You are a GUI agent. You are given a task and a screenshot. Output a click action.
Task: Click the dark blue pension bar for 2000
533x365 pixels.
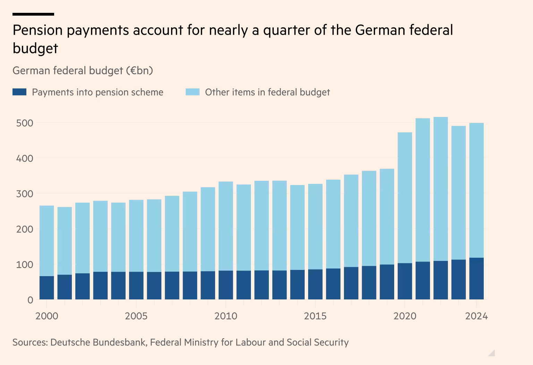point(47,288)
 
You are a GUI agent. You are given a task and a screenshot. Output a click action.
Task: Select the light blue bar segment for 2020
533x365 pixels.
point(405,198)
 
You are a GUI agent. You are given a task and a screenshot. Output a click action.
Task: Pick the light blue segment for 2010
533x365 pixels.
point(226,226)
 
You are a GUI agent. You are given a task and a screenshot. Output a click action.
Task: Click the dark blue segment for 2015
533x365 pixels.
point(315,284)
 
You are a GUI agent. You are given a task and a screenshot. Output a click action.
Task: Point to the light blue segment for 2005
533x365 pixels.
point(136,236)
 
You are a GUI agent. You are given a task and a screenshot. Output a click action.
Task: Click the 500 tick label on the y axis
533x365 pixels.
point(25,123)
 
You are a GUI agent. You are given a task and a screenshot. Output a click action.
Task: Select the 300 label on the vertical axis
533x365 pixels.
point(25,194)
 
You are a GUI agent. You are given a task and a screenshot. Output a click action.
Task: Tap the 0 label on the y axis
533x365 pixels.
point(30,300)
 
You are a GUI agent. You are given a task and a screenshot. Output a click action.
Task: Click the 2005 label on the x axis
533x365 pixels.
point(136,316)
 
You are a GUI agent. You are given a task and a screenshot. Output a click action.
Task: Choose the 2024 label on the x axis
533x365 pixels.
point(476,316)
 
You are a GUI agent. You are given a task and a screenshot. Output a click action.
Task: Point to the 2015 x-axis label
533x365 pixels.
point(315,316)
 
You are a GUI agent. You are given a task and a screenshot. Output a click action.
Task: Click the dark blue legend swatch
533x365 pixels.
point(19,92)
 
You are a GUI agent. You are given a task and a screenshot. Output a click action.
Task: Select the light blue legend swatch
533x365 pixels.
point(193,92)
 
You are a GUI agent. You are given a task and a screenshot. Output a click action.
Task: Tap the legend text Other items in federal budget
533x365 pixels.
point(267,92)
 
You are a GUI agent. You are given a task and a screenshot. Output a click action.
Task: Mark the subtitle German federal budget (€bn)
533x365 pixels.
point(83,71)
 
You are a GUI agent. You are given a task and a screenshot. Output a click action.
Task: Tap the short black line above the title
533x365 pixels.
point(33,14)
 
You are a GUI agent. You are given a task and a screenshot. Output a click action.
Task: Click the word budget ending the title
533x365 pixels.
point(35,49)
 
